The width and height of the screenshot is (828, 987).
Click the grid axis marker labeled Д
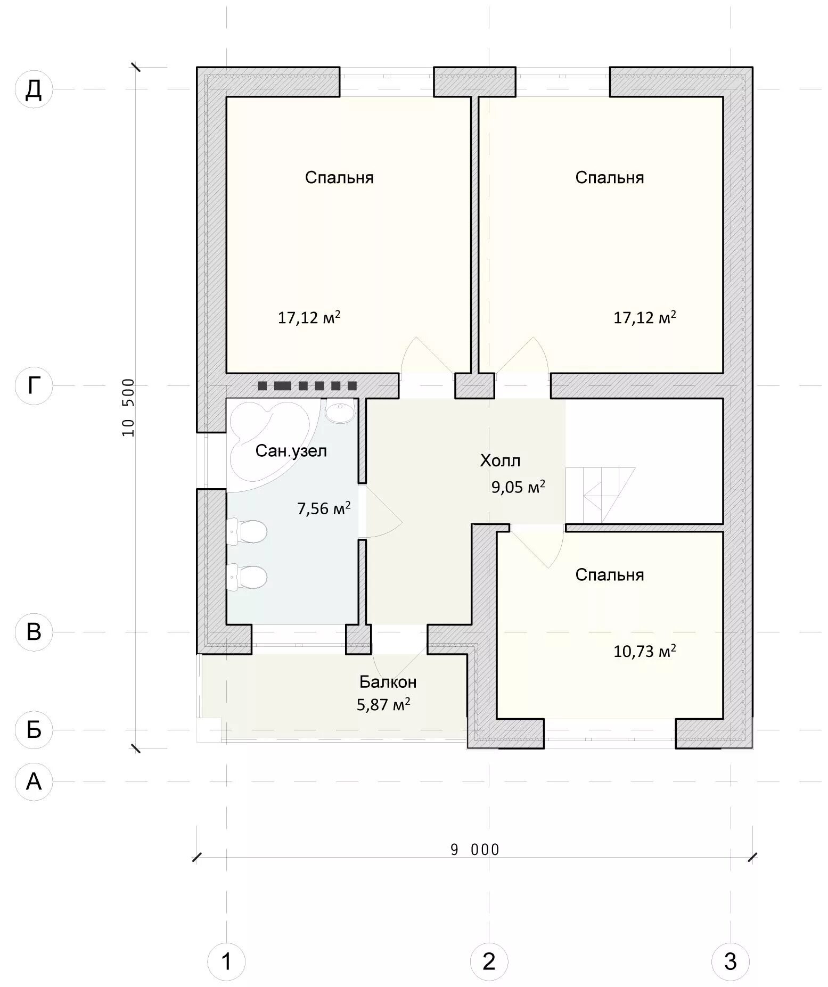coord(34,89)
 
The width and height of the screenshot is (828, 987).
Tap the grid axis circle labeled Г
coord(34,385)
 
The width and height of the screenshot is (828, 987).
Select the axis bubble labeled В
coord(34,632)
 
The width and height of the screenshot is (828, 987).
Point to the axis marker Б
coord(34,729)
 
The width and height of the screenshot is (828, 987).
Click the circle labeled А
coord(34,782)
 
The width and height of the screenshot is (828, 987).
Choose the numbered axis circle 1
coord(226,961)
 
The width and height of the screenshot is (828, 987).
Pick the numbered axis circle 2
coord(489,961)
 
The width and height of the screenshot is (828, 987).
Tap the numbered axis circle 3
coord(731,961)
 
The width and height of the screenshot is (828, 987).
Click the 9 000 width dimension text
coord(475,850)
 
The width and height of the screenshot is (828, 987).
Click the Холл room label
coord(500,460)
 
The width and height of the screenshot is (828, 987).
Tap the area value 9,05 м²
coord(518,487)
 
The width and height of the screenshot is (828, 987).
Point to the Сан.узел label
coord(291,451)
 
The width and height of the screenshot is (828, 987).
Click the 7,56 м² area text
coord(324,508)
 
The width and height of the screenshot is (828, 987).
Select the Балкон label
coord(388,682)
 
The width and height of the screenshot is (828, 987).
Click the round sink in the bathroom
coord(339,412)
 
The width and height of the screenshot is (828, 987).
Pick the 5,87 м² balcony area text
coord(383,705)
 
